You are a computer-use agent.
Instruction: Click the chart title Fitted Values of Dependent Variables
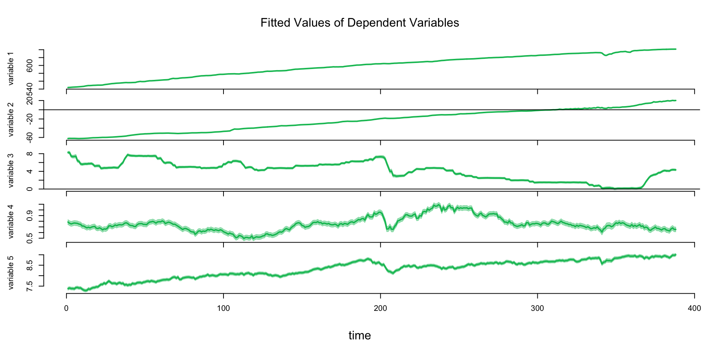point(360,23)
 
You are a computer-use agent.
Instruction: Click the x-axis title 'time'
point(360,335)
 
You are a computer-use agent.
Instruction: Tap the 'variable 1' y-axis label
point(10,69)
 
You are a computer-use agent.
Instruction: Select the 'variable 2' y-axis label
point(10,120)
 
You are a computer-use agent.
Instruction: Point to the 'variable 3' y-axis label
point(10,171)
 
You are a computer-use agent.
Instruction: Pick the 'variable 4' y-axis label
point(10,222)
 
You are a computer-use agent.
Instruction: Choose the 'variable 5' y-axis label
point(10,273)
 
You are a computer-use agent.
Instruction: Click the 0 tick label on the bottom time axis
point(66,309)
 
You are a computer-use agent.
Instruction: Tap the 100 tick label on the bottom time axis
point(223,309)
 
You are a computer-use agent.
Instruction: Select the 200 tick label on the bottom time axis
point(381,309)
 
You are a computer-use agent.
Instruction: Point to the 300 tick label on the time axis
point(538,309)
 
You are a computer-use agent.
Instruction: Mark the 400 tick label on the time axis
point(694,309)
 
